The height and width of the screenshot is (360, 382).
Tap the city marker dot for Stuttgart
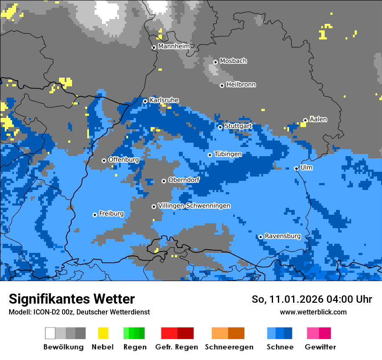coord(220,127)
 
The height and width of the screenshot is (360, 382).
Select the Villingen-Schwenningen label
coord(194,206)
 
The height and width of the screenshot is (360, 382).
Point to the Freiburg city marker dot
coord(95,215)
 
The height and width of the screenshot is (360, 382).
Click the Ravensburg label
coord(283,236)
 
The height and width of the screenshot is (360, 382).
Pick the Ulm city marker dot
coord(296,168)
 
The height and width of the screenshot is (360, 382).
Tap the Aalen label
coord(318,119)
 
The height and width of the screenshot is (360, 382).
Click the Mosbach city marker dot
coord(215,62)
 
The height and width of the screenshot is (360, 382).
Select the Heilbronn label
coord(241,85)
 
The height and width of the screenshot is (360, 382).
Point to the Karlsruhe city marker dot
coord(145,101)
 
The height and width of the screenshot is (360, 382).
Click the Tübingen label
coord(228,154)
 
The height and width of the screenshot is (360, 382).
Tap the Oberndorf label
coord(184,180)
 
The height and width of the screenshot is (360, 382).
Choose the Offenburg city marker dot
coord(104,160)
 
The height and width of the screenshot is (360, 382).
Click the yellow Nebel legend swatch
coord(103,333)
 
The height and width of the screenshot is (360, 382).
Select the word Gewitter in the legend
coord(320,347)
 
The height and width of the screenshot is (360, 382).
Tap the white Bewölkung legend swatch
coord(50,333)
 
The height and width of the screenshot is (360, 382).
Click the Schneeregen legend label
coord(229,347)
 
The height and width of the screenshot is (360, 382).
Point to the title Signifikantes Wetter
coord(72,299)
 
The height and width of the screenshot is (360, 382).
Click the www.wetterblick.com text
coord(313,312)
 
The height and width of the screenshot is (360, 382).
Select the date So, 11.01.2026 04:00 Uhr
coord(312,299)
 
